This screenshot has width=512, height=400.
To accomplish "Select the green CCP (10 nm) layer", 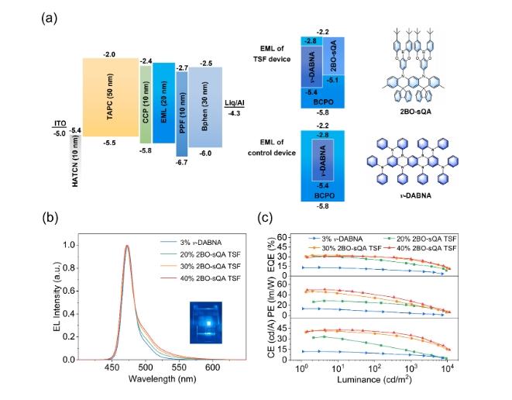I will click(x=145, y=104).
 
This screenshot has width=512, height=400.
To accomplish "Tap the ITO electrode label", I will click(x=59, y=124).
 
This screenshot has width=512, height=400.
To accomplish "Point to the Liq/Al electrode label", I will click(x=235, y=103).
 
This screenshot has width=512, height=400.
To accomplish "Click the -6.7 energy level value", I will click(x=182, y=163).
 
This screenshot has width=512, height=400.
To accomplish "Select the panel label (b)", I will click(x=58, y=216).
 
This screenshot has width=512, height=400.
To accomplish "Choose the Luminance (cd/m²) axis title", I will click(x=373, y=381).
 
